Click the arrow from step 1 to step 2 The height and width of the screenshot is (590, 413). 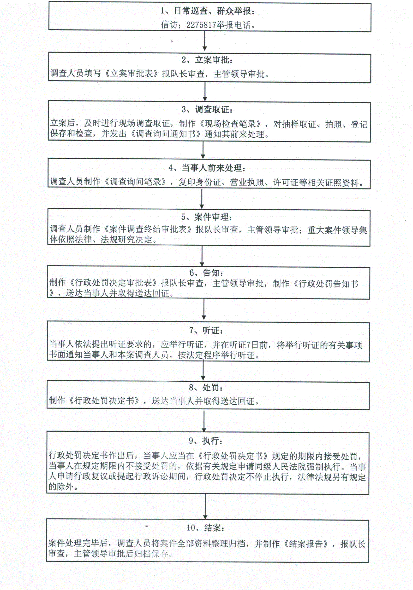(x=205, y=41)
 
